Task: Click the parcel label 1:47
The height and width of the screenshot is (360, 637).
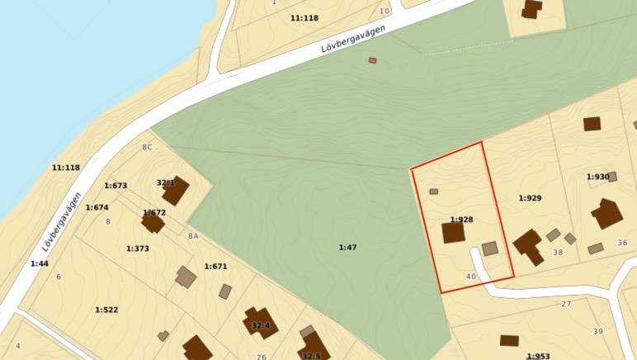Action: (347, 248)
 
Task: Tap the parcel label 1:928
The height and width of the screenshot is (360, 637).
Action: (461, 220)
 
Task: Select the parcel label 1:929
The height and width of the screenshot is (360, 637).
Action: (530, 198)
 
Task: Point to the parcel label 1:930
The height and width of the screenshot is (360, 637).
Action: (597, 177)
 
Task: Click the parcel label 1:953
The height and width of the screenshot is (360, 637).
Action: (538, 356)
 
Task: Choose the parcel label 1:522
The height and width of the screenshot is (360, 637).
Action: (106, 310)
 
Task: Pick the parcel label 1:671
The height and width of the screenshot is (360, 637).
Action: (215, 267)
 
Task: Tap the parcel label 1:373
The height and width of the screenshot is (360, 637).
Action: (138, 249)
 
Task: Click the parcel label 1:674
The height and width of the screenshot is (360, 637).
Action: (97, 208)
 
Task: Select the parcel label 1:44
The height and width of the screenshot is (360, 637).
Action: (40, 264)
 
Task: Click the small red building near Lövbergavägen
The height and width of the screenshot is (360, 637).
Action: (373, 60)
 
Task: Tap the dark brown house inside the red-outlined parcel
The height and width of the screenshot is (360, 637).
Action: (453, 233)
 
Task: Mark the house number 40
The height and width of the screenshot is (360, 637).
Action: (471, 277)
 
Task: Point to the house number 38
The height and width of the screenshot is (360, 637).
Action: (558, 253)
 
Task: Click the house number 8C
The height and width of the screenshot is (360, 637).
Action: (147, 148)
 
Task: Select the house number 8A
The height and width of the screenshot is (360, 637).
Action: (193, 236)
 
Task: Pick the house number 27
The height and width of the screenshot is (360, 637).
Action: (566, 305)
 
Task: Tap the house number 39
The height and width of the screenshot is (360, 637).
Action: (598, 331)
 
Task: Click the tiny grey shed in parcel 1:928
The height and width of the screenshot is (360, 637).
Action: (434, 192)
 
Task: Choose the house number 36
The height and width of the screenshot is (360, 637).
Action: (622, 243)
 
